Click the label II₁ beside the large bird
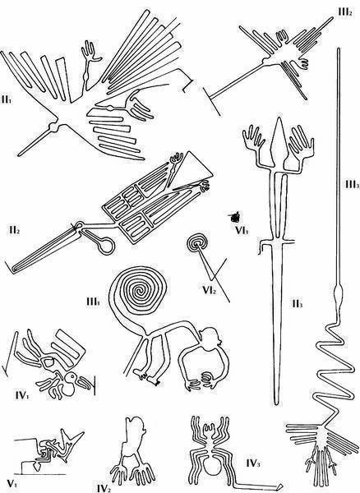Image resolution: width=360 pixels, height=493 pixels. tap(7, 101)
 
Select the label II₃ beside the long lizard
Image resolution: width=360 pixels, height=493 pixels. tap(297, 304)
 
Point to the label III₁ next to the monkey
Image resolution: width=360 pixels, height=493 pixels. tap(94, 302)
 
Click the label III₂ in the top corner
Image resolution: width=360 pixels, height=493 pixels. tap(345, 12)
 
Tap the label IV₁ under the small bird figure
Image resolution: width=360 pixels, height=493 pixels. tap(22, 395)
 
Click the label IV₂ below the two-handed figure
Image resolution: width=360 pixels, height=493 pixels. tap(104, 488)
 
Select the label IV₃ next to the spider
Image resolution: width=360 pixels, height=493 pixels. tap(253, 463)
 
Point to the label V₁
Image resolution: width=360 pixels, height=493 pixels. tap(12, 484)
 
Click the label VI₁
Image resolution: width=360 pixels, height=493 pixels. tap(242, 231)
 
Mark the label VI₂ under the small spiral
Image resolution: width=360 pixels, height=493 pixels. tap(210, 290)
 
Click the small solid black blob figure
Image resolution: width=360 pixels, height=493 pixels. tap(235, 216)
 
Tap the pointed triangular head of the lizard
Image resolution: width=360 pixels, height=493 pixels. tap(279, 138)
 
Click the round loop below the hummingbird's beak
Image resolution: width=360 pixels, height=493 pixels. tap(106, 245)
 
